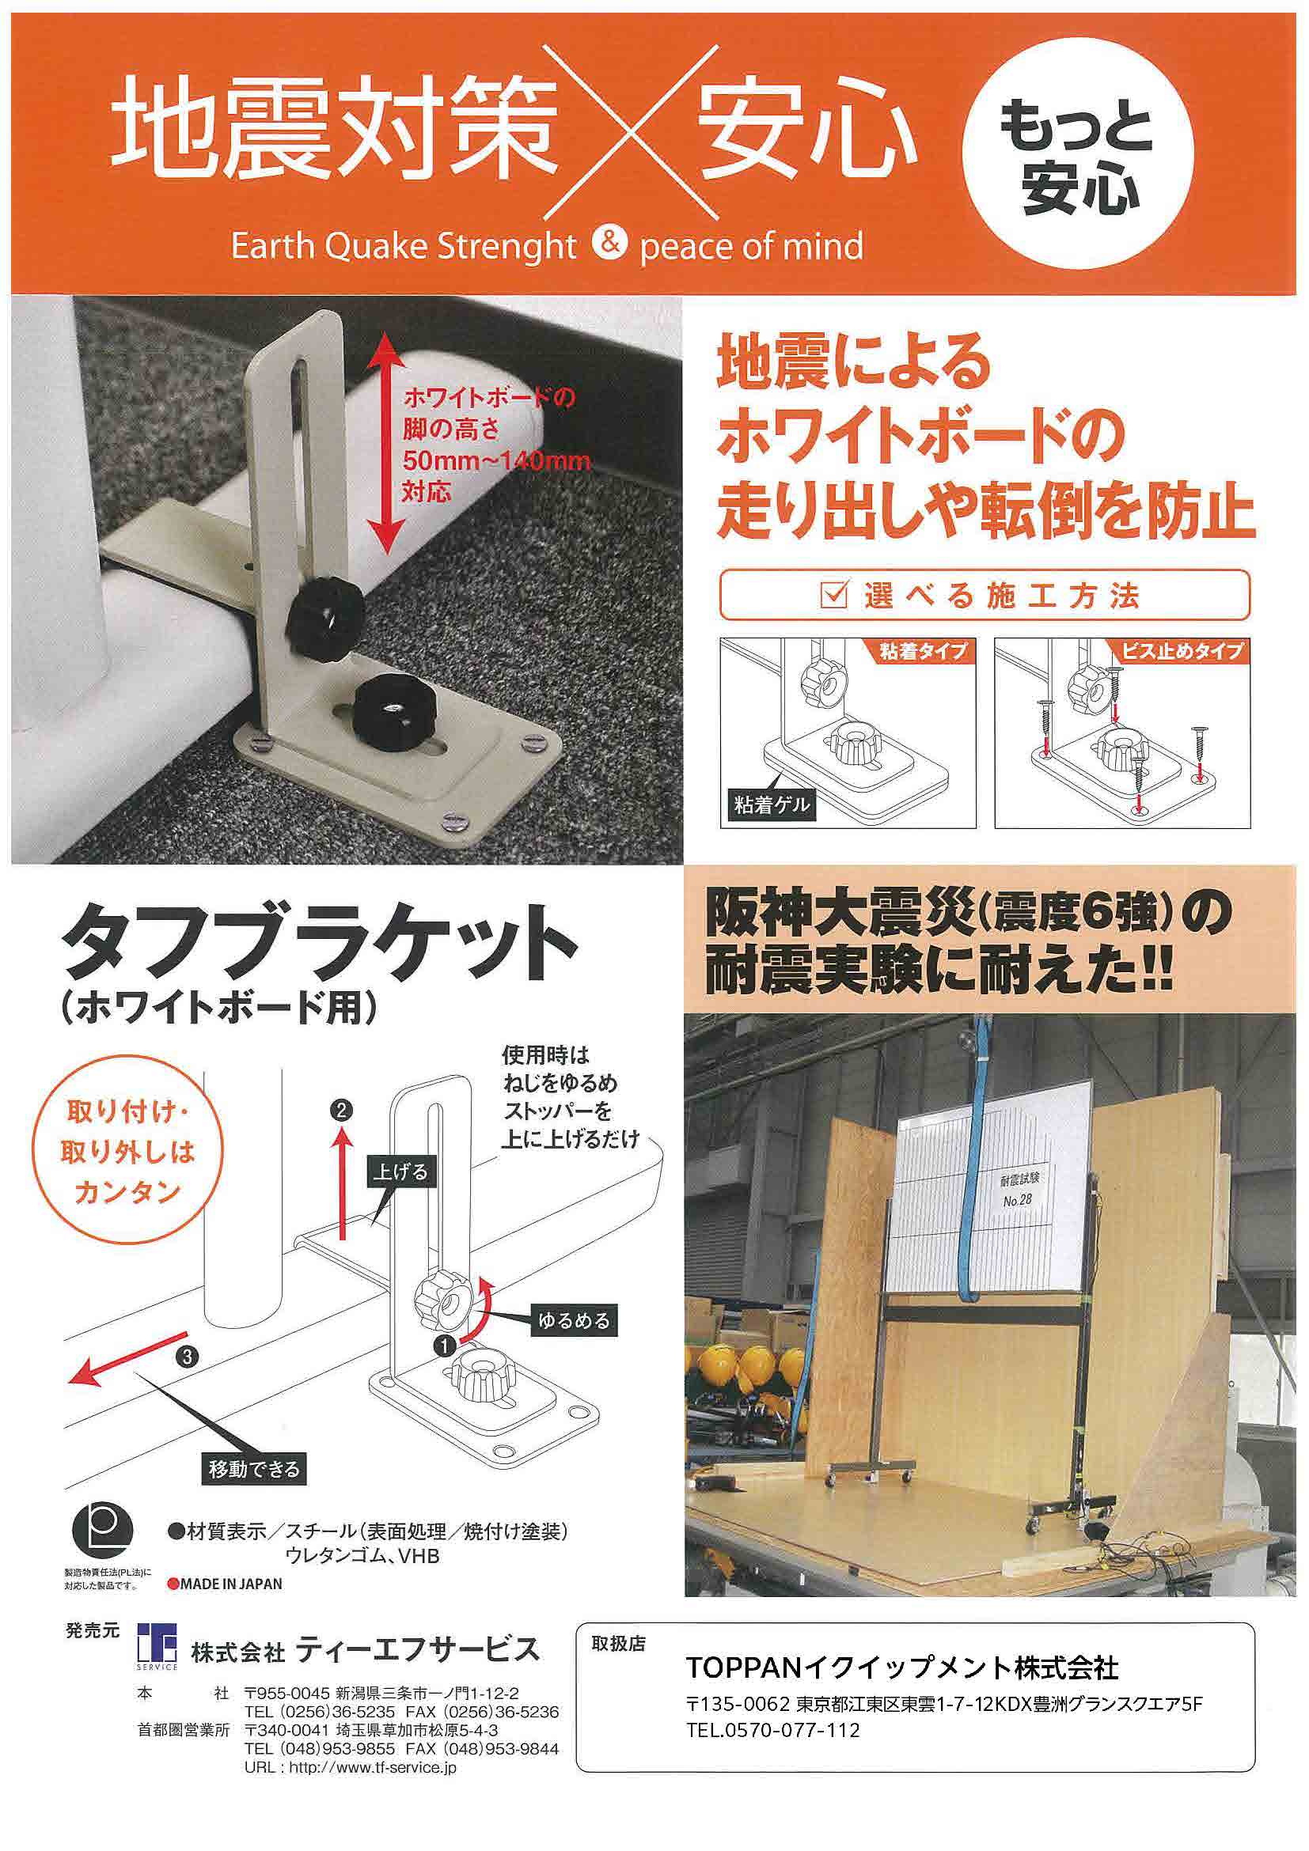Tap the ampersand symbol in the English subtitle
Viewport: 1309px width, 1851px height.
(x=608, y=243)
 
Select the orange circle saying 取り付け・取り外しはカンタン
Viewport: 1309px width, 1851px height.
(x=127, y=1153)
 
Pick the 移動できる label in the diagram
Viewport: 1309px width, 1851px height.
(x=253, y=1470)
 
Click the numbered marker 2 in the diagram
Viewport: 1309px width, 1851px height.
(x=342, y=1111)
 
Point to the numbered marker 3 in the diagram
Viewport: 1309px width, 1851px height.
(x=188, y=1357)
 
